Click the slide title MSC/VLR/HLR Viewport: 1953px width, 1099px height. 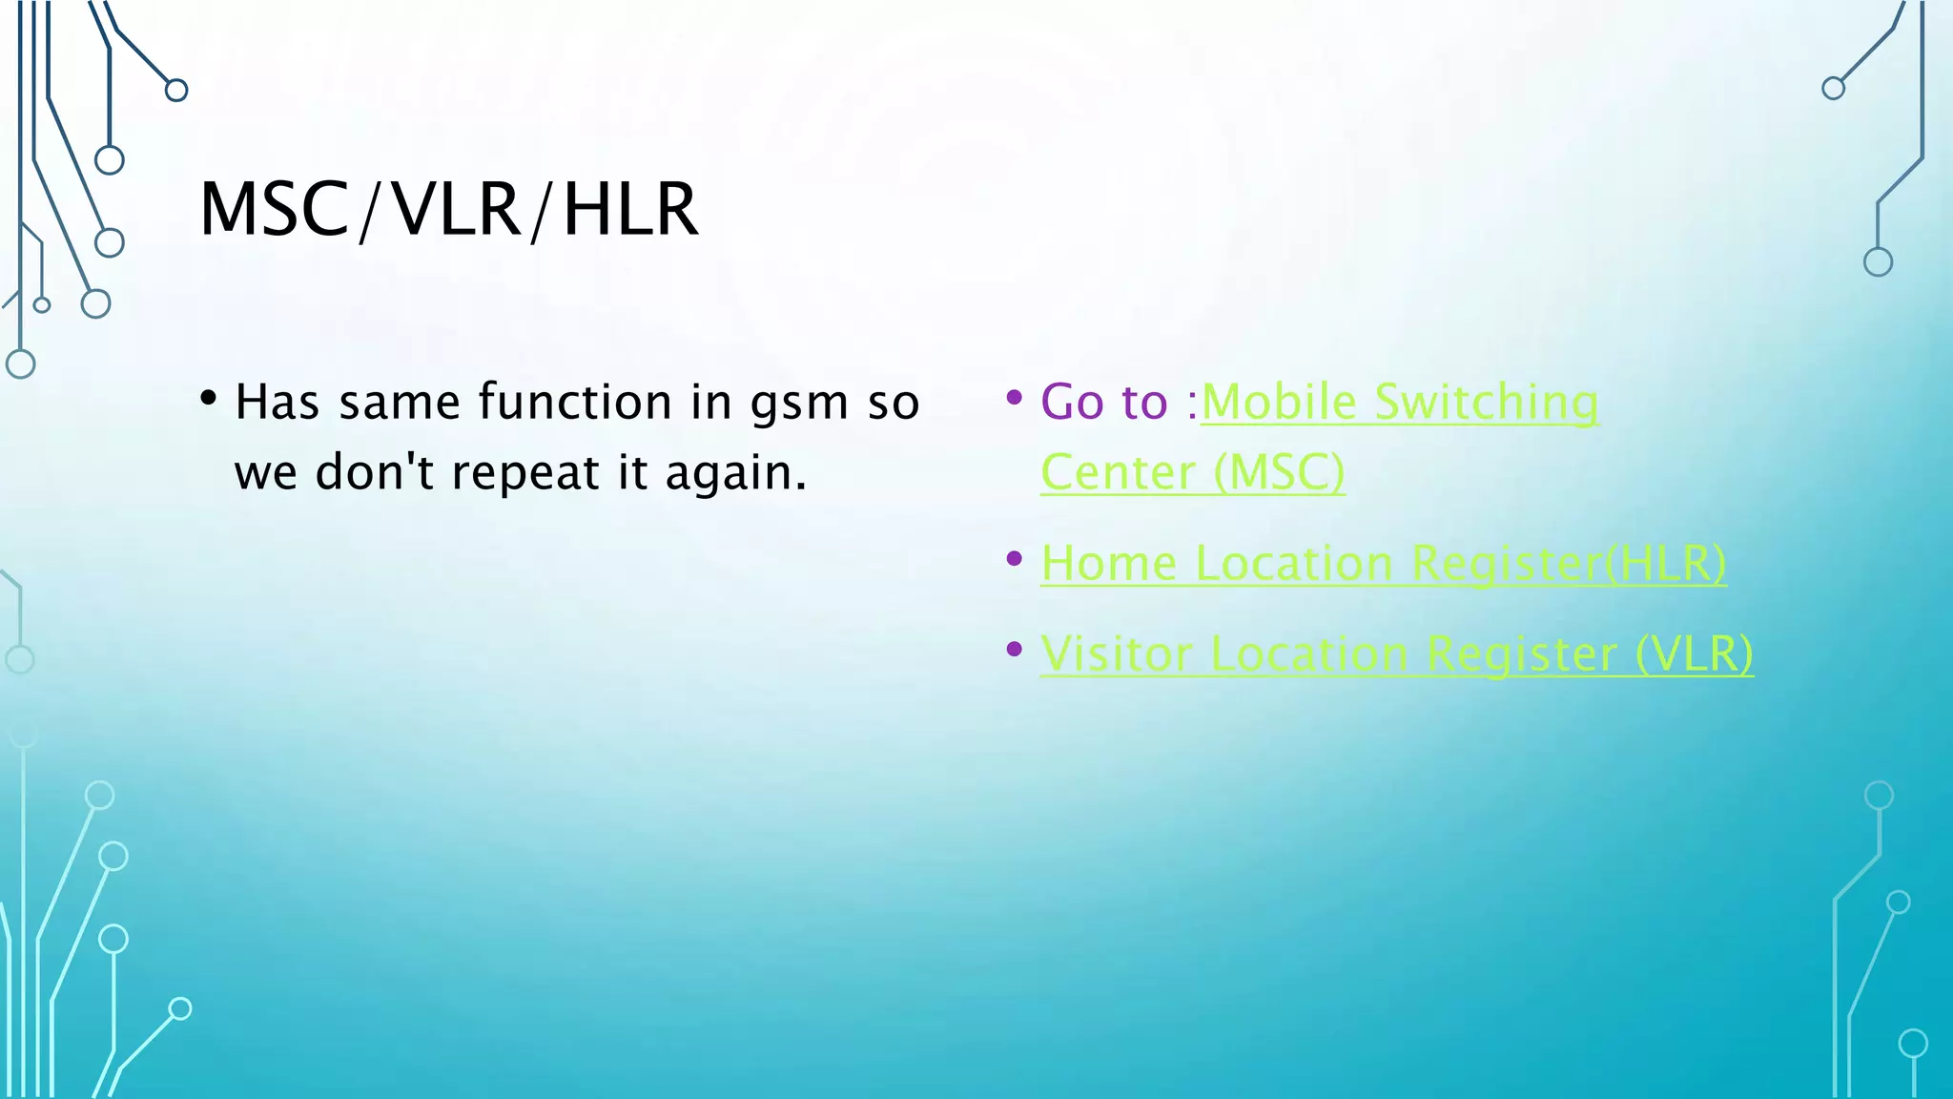pyautogui.click(x=448, y=209)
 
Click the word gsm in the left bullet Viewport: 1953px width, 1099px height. pyautogui.click(x=799, y=403)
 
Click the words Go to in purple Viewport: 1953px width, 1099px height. pyautogui.click(x=1103, y=402)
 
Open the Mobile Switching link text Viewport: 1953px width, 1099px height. pyautogui.click(x=1400, y=402)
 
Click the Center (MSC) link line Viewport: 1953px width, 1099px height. pyautogui.click(x=1192, y=472)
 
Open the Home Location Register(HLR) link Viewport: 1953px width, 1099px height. pyautogui.click(x=1383, y=563)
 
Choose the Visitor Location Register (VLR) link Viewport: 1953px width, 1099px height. pyautogui.click(x=1396, y=653)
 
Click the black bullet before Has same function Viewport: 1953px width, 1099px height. pyautogui.click(x=209, y=398)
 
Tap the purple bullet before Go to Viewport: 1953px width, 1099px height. pyautogui.click(x=1015, y=397)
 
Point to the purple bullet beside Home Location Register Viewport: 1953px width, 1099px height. pyautogui.click(x=1015, y=559)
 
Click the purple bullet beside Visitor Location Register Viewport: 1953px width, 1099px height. pyautogui.click(x=1015, y=650)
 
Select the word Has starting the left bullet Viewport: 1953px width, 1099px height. pyautogui.click(x=277, y=402)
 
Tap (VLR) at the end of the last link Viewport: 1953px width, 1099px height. pyautogui.click(x=1694, y=653)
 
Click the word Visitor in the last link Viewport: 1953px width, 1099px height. pyautogui.click(x=1116, y=653)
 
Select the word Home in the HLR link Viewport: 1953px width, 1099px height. pyautogui.click(x=1109, y=563)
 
